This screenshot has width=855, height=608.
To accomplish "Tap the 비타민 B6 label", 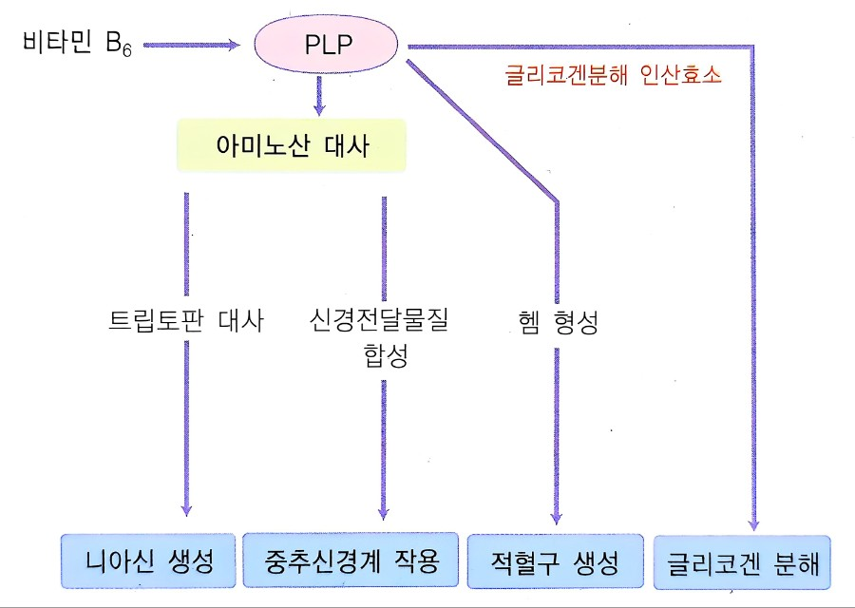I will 76,45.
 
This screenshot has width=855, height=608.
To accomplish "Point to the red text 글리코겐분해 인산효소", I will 613,75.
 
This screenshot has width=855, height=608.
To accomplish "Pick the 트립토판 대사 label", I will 186,320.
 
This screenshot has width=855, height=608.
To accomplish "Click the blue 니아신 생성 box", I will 148,561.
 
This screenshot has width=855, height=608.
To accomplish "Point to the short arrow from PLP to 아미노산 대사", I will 320,94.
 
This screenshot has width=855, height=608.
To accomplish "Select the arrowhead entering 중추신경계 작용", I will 384,511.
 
